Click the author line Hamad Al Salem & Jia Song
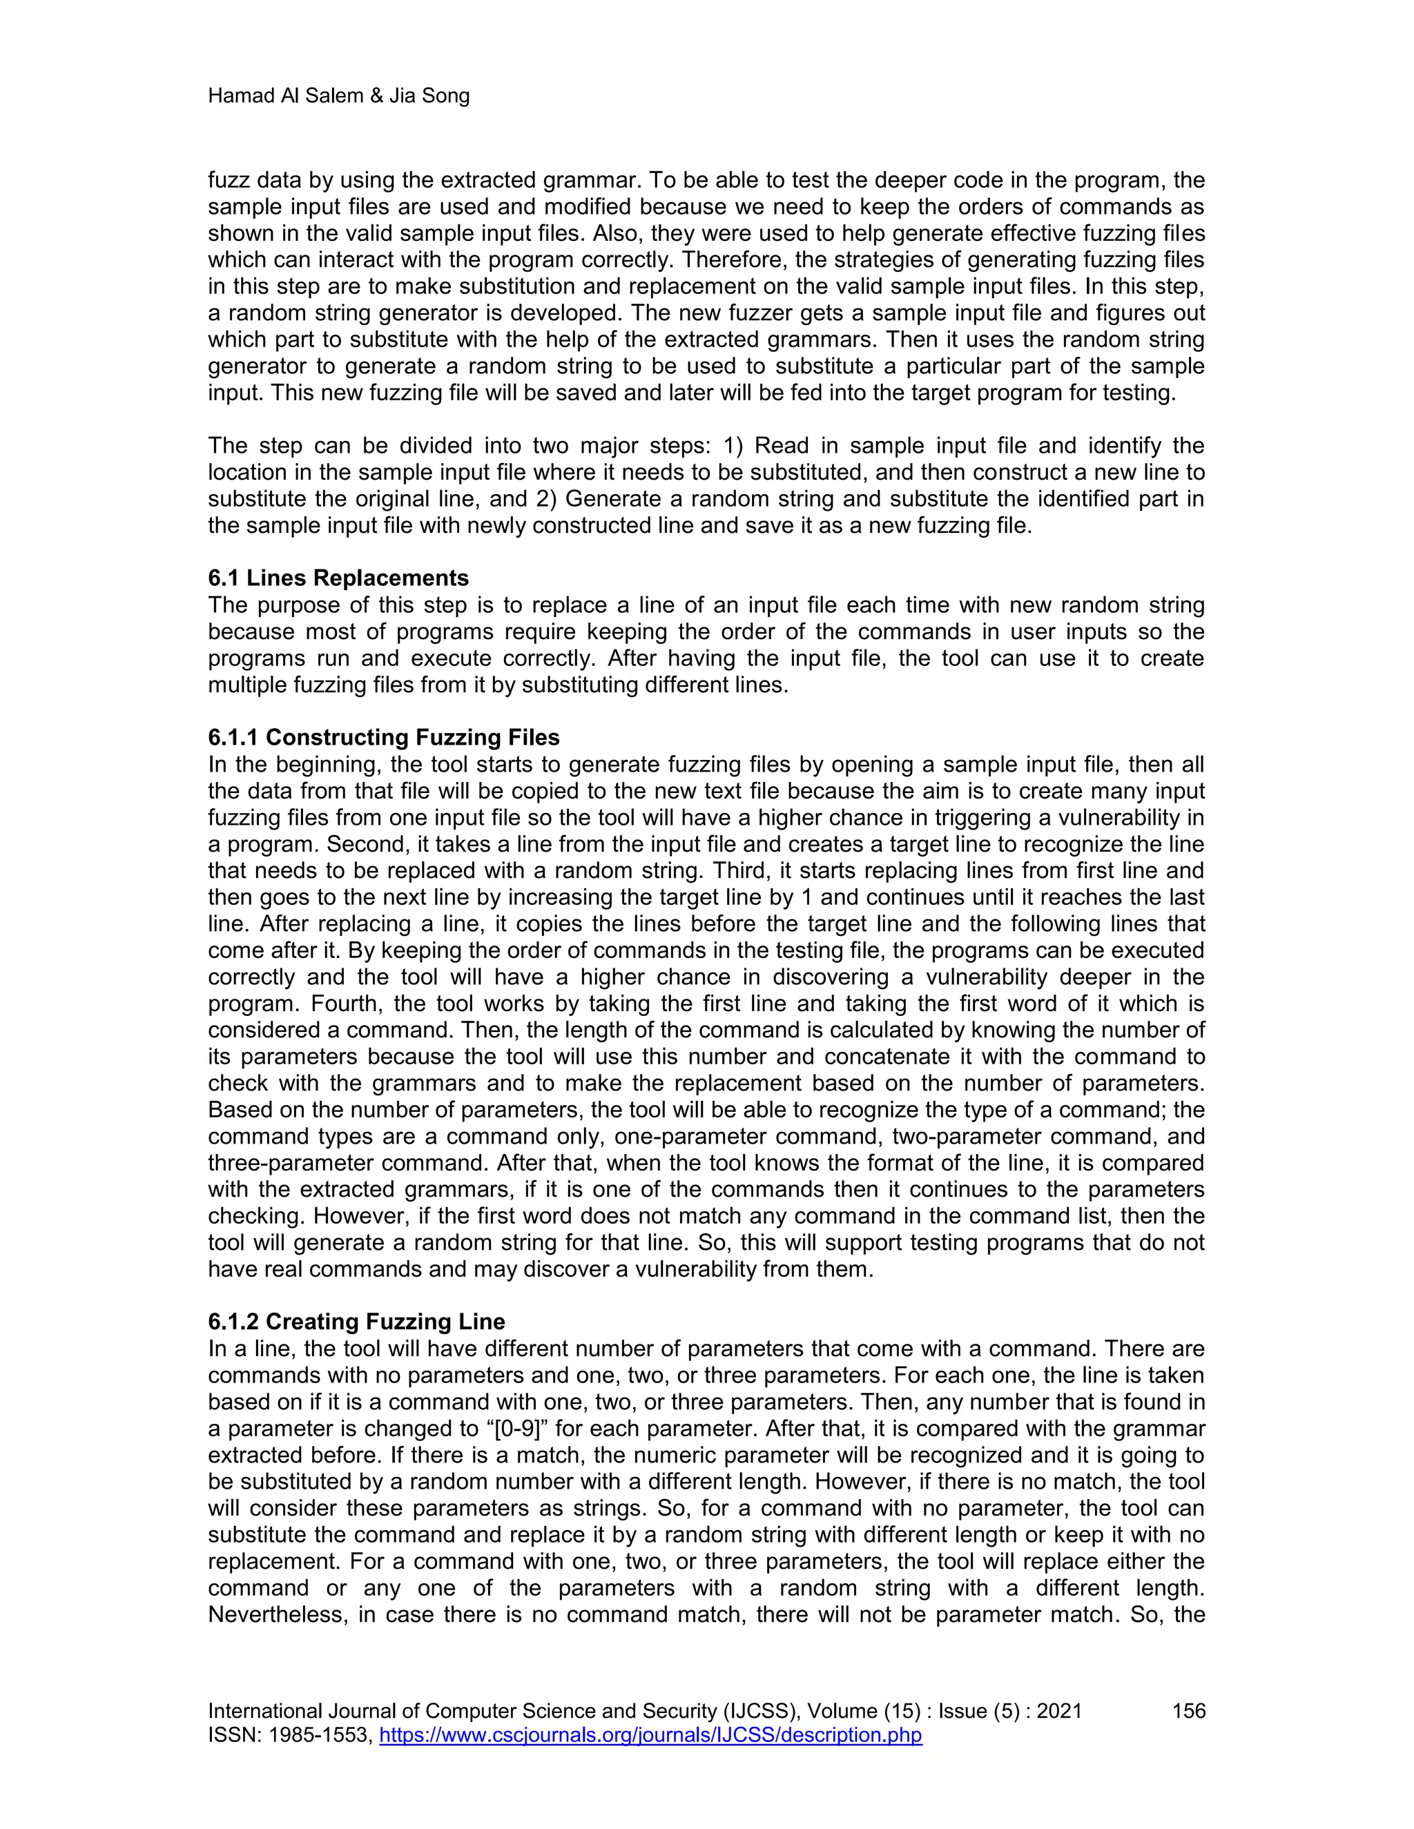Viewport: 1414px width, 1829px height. [x=338, y=97]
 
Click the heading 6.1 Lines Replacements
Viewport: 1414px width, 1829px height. [x=338, y=578]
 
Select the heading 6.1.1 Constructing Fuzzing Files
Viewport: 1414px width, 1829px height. [x=384, y=737]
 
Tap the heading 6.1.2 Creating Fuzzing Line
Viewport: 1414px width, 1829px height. [x=357, y=1322]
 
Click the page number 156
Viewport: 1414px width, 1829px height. [x=1188, y=1711]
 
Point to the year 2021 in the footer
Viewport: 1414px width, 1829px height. [x=1059, y=1711]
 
